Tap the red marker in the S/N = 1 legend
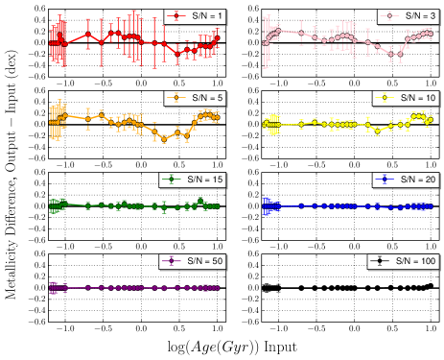coord(174,15)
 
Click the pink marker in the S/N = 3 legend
coord(386,15)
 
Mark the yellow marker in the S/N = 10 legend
coord(385,98)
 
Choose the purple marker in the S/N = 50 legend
coord(172,261)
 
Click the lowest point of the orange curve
coord(164,139)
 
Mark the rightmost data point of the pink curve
coord(431,33)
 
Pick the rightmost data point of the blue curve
coord(431,206)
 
